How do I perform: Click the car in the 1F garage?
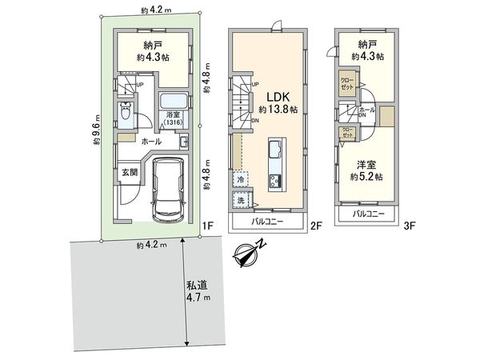click(x=168, y=188)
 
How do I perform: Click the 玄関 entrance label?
click(x=129, y=170)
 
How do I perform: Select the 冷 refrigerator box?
click(x=240, y=181)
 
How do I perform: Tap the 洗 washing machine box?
click(x=240, y=202)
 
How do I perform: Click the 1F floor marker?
click(x=206, y=226)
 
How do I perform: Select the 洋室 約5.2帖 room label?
click(x=368, y=170)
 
